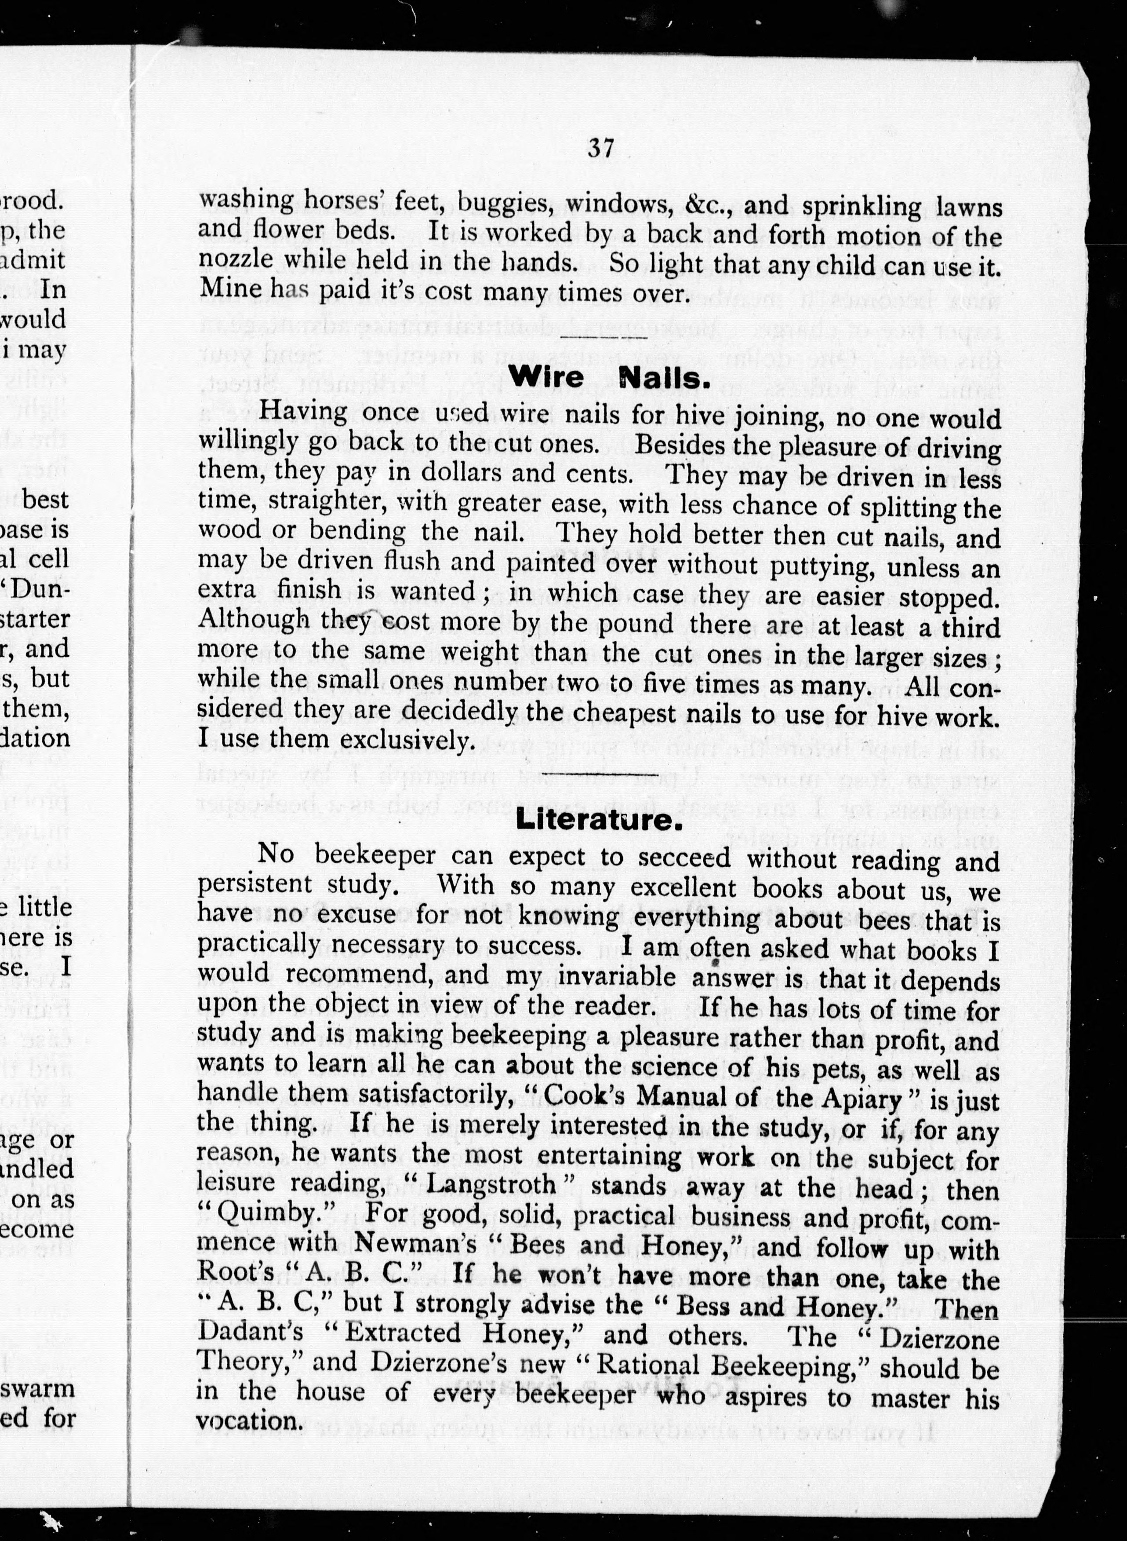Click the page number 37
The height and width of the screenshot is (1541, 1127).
pos(601,148)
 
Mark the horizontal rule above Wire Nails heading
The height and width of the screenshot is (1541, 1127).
pos(602,337)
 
